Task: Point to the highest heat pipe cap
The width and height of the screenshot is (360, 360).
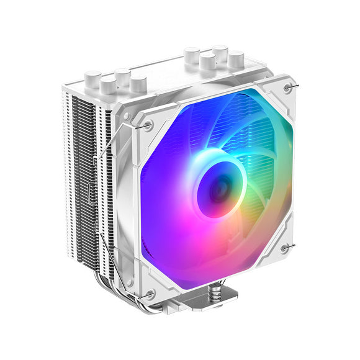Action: click(x=220, y=52)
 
